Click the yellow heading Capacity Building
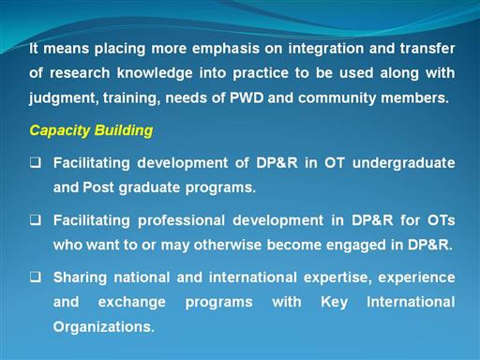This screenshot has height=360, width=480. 91,130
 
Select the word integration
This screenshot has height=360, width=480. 326,49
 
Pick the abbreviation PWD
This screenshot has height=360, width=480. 247,97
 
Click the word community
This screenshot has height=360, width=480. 337,98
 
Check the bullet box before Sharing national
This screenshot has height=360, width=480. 36,277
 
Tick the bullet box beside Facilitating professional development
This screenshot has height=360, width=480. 36,220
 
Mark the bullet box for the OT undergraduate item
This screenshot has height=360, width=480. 36,162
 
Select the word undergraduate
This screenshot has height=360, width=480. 404,163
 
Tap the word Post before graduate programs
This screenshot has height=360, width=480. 98,187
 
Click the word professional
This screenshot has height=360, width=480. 181,221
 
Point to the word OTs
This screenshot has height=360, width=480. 442,220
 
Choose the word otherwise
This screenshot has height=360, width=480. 228,245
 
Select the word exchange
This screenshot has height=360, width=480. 131,303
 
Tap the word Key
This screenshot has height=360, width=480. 334,303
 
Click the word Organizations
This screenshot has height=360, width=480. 104,327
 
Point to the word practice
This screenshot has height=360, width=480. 261,73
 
